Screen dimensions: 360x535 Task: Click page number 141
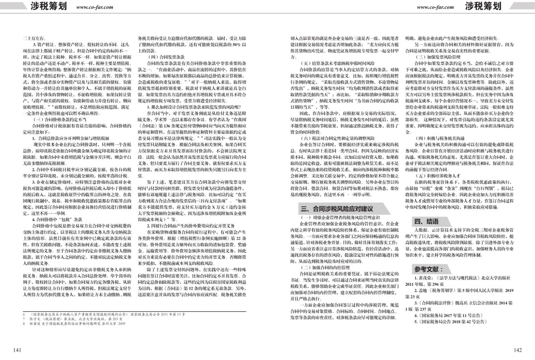tap(17, 350)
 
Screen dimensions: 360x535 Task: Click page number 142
tap(517, 350)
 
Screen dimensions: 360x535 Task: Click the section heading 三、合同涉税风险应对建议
tap(337, 209)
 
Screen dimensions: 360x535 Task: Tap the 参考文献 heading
tap(428, 269)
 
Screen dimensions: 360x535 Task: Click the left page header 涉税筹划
tap(48, 6)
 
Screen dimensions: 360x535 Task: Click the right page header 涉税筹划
tap(483, 6)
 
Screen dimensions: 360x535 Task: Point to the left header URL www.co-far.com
tap(95, 7)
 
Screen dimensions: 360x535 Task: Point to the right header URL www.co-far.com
tap(435, 7)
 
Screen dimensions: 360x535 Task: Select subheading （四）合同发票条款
tap(166, 57)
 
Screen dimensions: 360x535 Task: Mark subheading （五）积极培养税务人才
tap(437, 175)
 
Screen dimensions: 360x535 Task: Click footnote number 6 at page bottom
tap(24, 315)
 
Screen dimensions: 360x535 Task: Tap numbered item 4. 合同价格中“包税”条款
tap(57, 220)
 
